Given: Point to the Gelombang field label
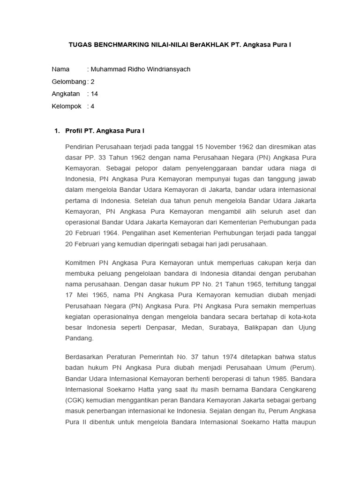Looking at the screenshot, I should click(69, 82).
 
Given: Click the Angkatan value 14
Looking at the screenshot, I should click(94, 94).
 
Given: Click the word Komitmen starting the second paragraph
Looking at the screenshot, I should click(81, 262).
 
